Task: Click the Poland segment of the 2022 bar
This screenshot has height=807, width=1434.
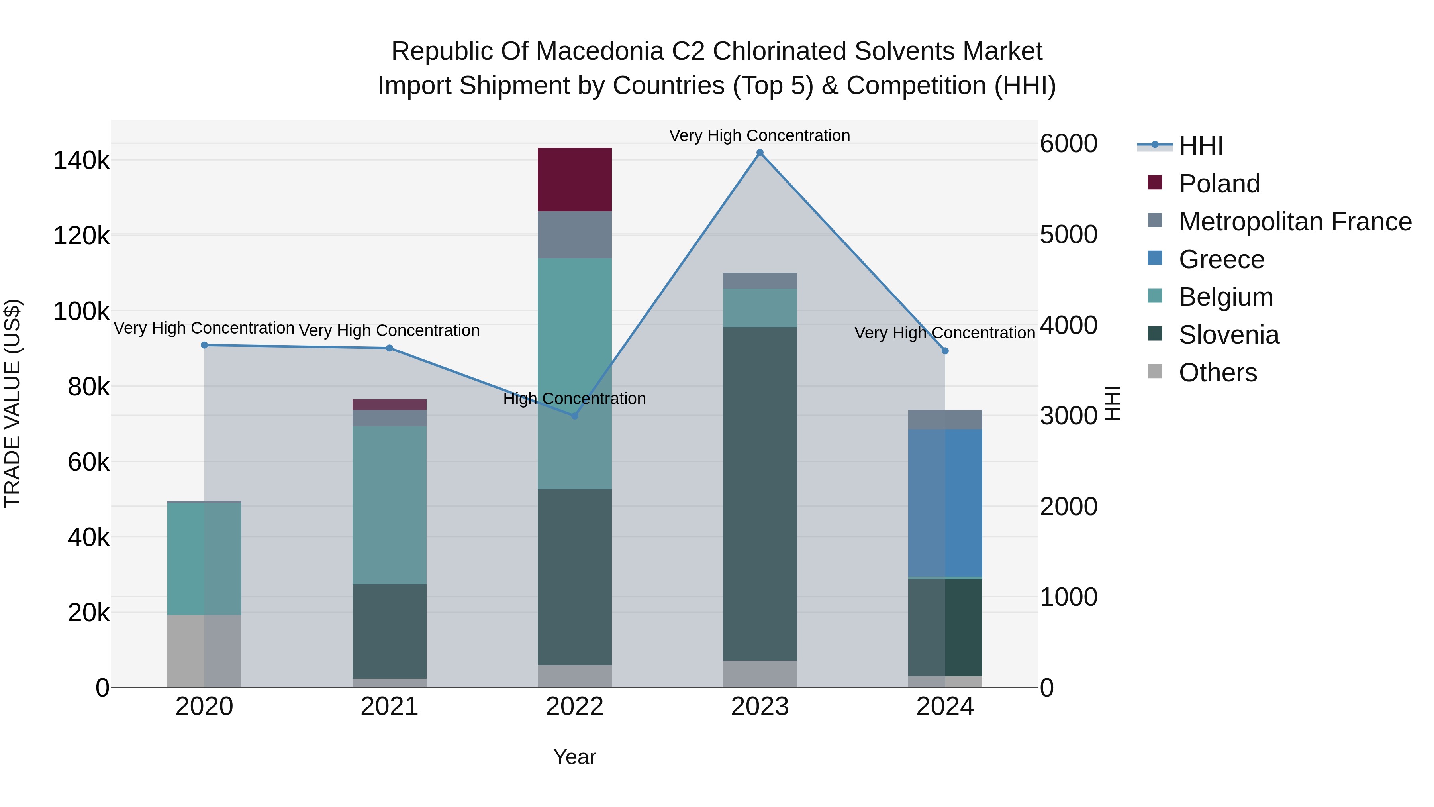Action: [574, 179]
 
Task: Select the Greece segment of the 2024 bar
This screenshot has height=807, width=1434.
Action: [945, 503]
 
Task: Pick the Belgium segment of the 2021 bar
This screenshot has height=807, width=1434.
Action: [389, 505]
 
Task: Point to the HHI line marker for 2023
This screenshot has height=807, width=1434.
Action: [760, 153]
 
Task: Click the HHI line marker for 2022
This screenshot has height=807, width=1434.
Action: [574, 416]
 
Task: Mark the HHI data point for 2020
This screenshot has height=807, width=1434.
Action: [204, 345]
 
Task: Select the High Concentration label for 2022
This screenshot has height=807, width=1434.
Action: [574, 399]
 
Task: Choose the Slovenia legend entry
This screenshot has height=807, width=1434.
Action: [1228, 335]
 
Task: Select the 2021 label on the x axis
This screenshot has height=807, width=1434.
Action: [389, 707]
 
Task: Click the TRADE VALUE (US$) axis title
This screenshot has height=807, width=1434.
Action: [12, 403]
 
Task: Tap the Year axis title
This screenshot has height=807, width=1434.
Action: [574, 757]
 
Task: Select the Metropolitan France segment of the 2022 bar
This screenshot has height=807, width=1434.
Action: [574, 234]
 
